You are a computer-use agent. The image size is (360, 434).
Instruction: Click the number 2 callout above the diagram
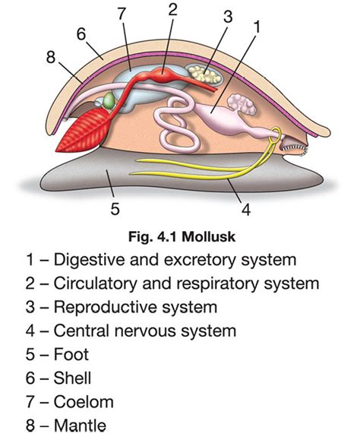(173, 10)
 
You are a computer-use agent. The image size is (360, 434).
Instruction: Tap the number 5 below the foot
(115, 206)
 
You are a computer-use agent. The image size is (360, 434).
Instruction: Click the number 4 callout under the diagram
(245, 206)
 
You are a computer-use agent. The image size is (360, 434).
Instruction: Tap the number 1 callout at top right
(257, 27)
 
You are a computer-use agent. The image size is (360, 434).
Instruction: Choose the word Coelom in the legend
(84, 401)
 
